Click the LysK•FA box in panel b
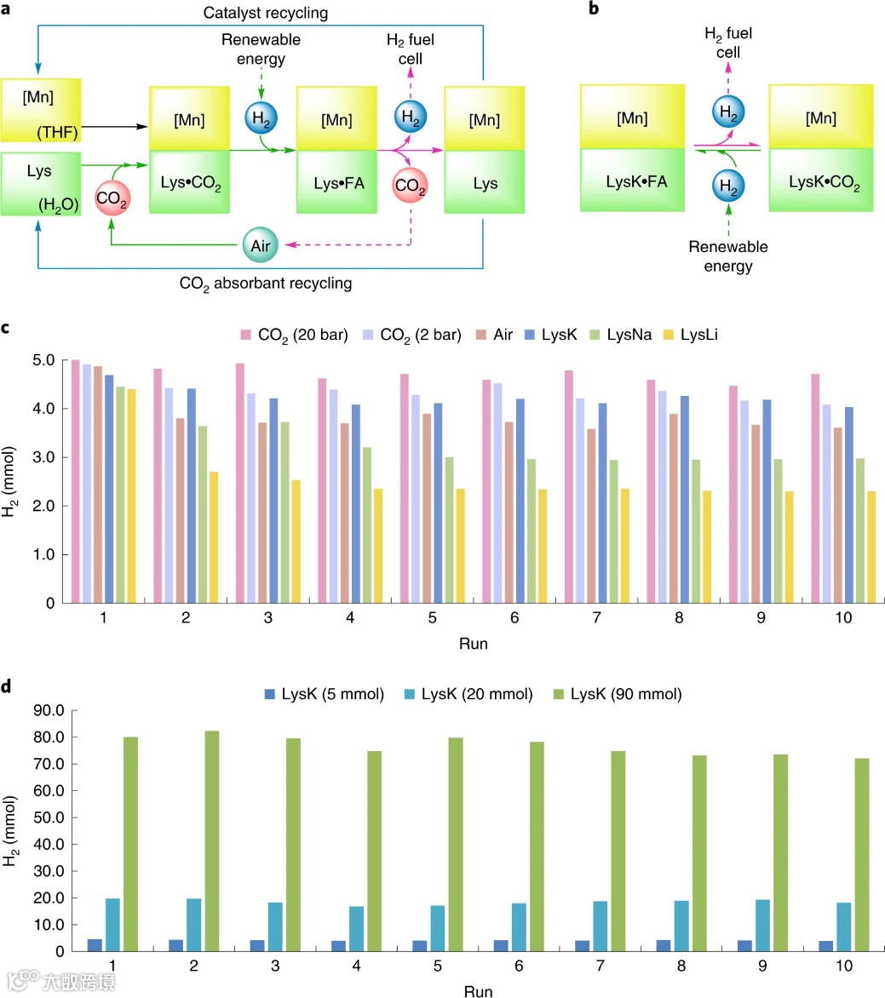pyautogui.click(x=632, y=181)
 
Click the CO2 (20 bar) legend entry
pyautogui.click(x=295, y=336)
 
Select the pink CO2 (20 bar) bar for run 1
pyautogui.click(x=75, y=481)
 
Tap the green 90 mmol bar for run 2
pyautogui.click(x=211, y=840)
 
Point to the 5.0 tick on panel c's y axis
pyautogui.click(x=43, y=360)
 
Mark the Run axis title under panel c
pyautogui.click(x=474, y=643)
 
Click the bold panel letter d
pyautogui.click(x=8, y=687)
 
